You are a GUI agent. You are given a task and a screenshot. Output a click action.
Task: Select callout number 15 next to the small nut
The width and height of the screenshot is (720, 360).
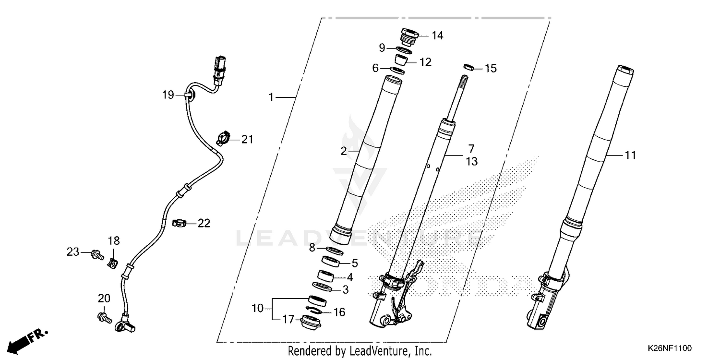click(x=490, y=69)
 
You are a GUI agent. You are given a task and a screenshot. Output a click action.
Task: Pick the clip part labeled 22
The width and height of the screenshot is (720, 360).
click(x=178, y=223)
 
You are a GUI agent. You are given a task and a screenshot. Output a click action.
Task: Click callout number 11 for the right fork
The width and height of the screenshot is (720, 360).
click(x=630, y=155)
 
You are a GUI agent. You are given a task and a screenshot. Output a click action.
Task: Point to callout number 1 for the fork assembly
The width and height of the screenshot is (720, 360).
click(x=271, y=97)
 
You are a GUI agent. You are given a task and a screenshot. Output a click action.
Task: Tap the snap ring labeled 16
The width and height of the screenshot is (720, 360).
click(x=315, y=310)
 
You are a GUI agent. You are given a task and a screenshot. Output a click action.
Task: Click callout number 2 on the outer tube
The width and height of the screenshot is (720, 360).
click(x=344, y=151)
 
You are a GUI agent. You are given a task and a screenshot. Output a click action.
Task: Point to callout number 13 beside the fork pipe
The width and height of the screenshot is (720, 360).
click(x=471, y=162)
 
